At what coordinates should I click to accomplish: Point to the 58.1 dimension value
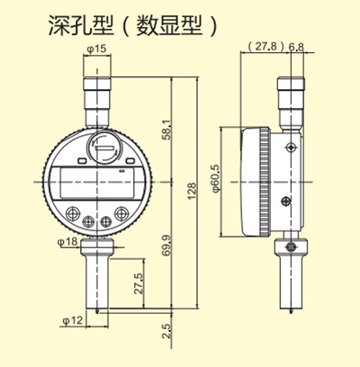tap(164, 129)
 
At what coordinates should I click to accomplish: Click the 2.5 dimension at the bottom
tap(165, 330)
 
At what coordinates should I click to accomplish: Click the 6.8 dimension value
tap(298, 46)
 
